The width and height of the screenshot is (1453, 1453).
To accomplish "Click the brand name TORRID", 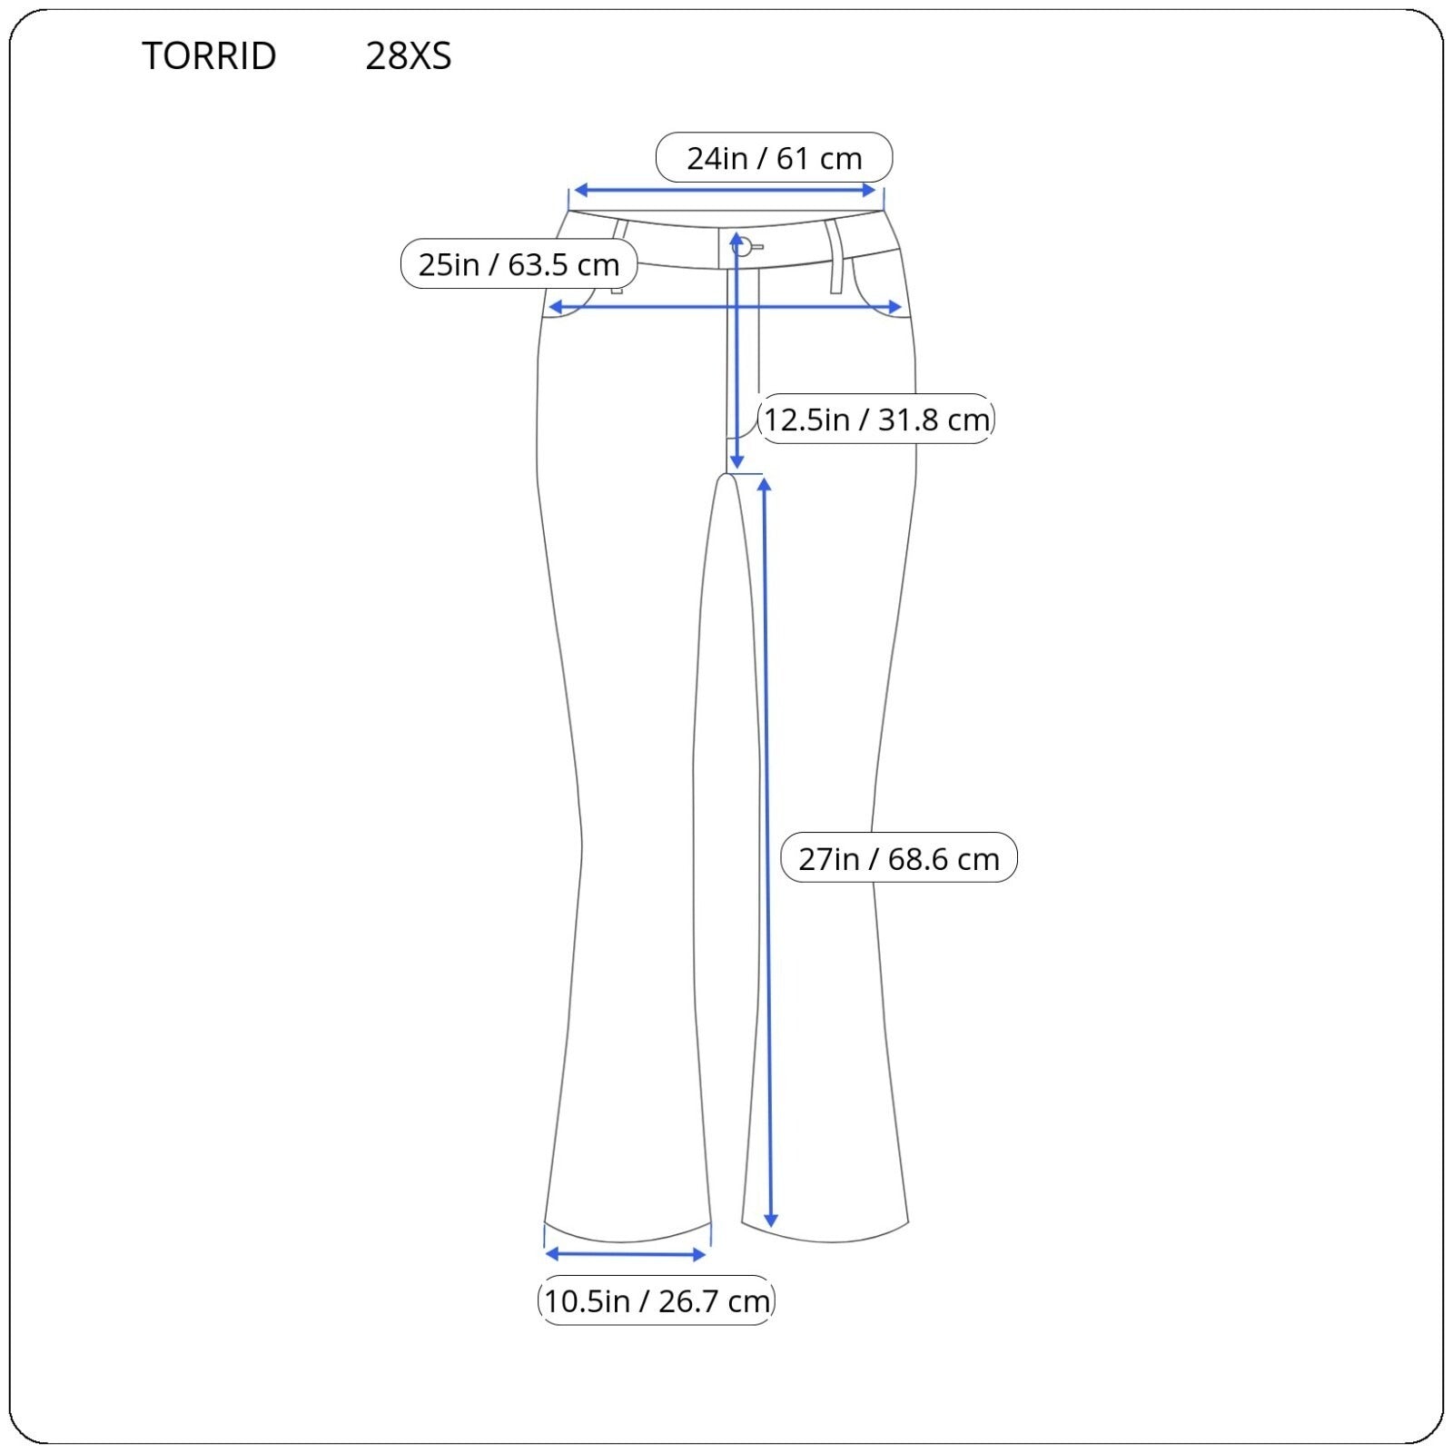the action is tap(209, 56).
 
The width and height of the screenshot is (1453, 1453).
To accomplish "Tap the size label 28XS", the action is tap(409, 56).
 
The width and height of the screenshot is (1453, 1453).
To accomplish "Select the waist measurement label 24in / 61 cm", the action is tap(775, 158).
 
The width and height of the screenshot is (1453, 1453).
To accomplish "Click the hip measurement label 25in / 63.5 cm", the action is tap(519, 264).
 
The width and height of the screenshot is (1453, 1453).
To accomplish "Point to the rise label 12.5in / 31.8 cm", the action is tap(876, 420).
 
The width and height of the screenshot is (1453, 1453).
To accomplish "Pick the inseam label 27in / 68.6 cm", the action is tap(899, 858).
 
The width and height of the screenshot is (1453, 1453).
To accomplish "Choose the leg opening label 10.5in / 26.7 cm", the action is tap(657, 1300).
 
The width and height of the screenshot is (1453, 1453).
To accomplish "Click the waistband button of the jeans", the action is tap(744, 245).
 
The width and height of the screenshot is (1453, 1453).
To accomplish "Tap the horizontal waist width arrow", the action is tap(725, 191).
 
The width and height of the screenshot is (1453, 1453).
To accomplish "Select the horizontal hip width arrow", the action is tap(725, 308).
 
